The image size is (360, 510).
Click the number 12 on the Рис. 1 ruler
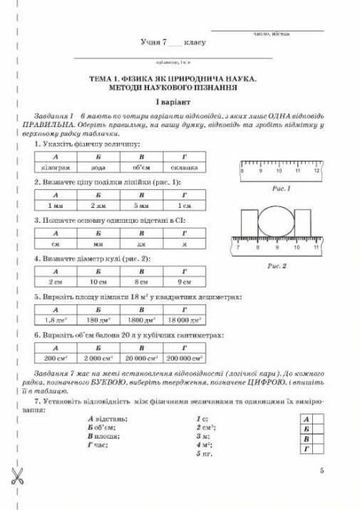click(316, 170)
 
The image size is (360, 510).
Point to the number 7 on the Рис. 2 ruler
click(238, 248)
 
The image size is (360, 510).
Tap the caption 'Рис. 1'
click(280, 189)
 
